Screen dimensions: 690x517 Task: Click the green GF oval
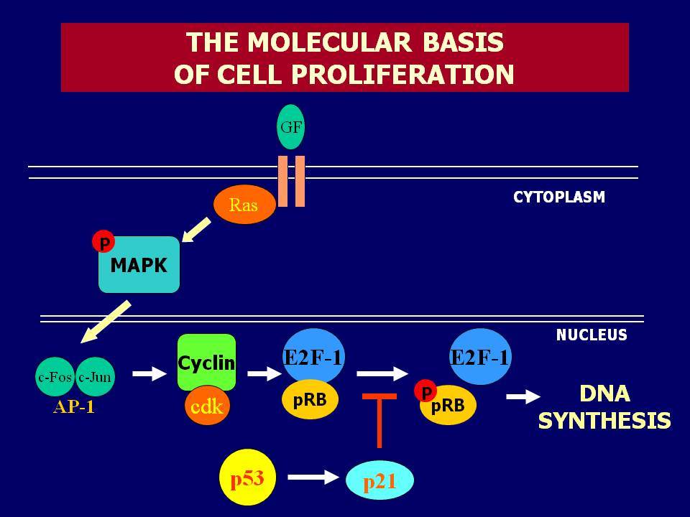pos(290,126)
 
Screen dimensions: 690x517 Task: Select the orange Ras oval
pos(244,205)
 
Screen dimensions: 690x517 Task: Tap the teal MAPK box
pos(139,265)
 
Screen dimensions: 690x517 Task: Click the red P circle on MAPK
pos(103,242)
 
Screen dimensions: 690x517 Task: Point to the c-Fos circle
pos(55,377)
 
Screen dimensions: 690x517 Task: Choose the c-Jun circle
pos(95,377)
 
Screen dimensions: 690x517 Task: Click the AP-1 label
pos(74,407)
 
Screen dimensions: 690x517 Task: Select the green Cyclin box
pos(206,362)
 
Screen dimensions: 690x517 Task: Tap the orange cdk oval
pos(207,406)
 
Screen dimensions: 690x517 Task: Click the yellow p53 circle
pos(248,478)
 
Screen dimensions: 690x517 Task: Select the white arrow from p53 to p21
pos(313,477)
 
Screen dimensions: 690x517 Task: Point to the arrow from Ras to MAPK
pos(195,230)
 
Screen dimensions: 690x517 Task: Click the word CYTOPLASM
pos(559,197)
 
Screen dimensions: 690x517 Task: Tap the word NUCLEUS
pos(592,335)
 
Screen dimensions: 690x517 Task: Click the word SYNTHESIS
pos(604,420)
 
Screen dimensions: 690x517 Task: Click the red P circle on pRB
pos(425,391)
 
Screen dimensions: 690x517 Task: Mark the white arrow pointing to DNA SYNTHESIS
pos(523,396)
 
